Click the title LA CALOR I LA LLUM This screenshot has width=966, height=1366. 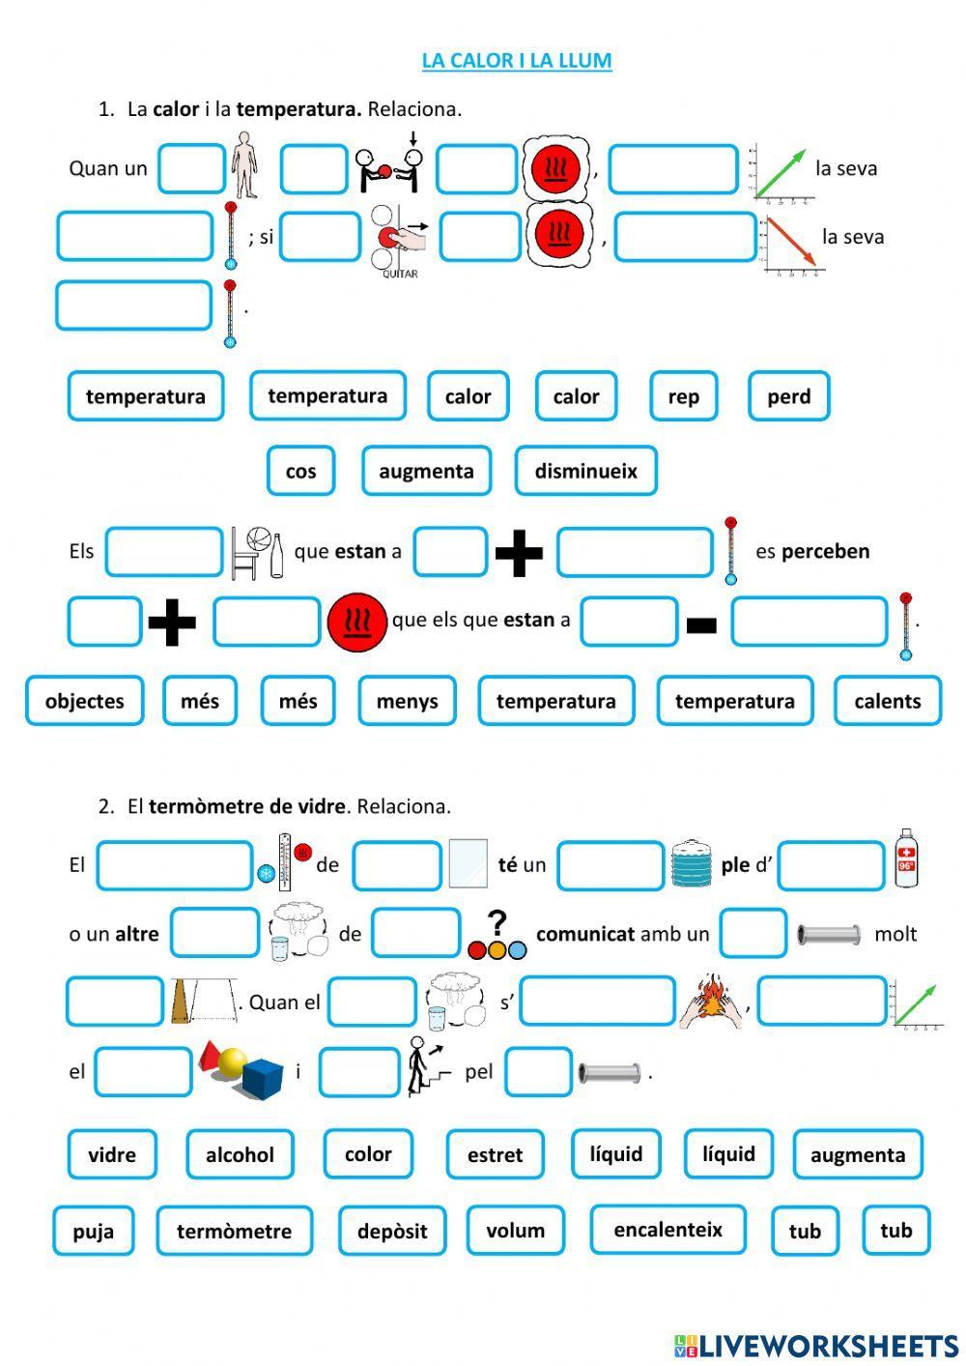point(517,61)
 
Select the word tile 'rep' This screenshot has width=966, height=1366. point(683,396)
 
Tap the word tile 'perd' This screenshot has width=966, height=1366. point(788,396)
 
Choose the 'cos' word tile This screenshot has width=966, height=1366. point(300,471)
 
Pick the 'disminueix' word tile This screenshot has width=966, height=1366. point(585,471)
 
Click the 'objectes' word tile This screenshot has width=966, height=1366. point(85,701)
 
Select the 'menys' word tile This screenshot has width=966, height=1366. point(407,701)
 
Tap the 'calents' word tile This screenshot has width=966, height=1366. point(887,701)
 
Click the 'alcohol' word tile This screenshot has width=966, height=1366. point(240,1154)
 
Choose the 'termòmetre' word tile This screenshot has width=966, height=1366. point(234,1231)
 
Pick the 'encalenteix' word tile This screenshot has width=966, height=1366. point(668,1230)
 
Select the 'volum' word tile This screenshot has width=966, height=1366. point(515,1231)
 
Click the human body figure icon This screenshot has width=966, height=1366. point(244,165)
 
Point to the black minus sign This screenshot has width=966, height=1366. point(701,625)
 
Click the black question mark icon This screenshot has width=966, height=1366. point(497,923)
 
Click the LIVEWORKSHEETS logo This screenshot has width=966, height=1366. point(816,1345)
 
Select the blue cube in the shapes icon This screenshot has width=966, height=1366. point(261,1078)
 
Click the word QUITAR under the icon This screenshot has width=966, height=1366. point(400,274)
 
